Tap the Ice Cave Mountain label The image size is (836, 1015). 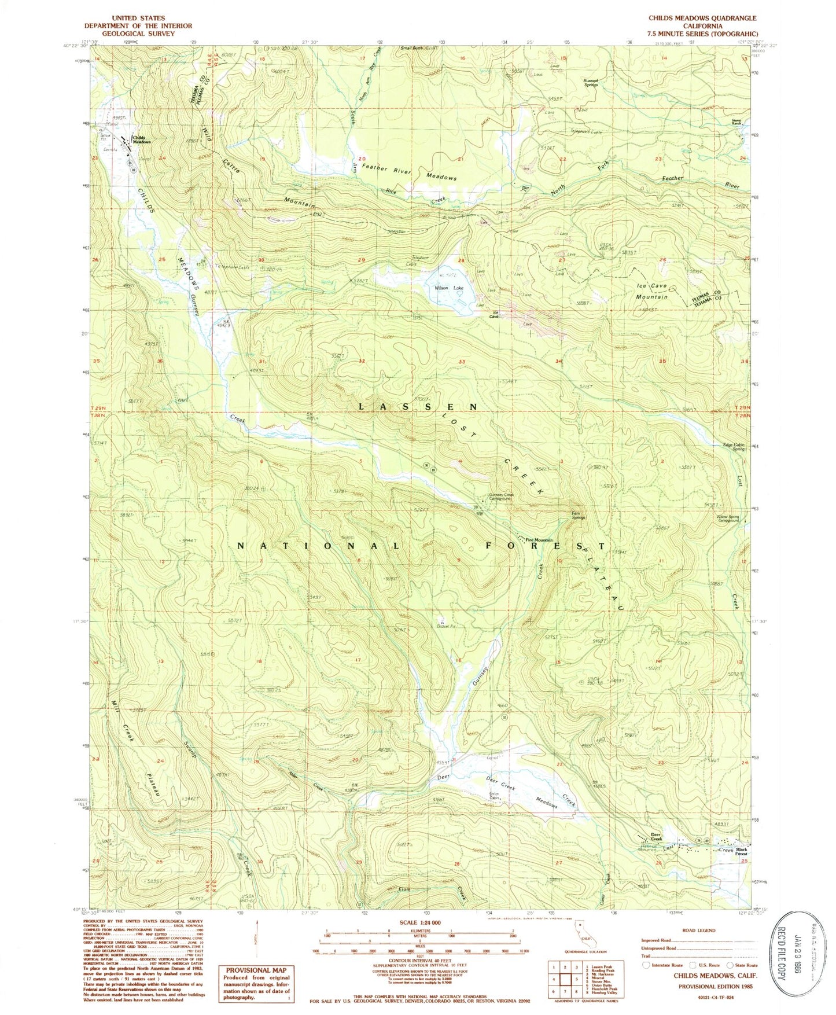[x=652, y=291]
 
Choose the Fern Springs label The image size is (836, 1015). [x=579, y=515]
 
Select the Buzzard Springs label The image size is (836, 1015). [x=591, y=83]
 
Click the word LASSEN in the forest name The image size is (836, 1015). [x=418, y=407]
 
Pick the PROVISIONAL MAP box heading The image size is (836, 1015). [x=256, y=970]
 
